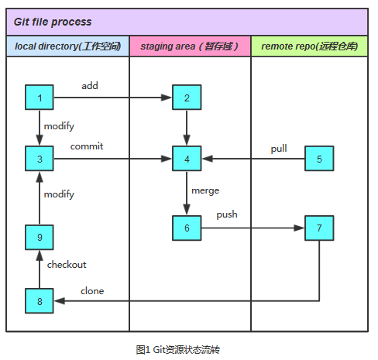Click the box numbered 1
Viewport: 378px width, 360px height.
click(x=40, y=98)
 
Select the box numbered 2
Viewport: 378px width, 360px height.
click(x=187, y=98)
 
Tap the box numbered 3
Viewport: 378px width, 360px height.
click(x=40, y=159)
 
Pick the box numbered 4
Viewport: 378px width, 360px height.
click(x=187, y=159)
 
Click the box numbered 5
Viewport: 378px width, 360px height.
click(x=319, y=159)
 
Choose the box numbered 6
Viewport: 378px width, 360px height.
click(x=187, y=228)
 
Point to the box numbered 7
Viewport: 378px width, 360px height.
click(x=319, y=228)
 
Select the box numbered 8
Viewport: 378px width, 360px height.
click(x=40, y=301)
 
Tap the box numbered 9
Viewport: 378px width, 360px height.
click(x=40, y=238)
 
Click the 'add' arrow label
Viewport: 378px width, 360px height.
click(x=90, y=86)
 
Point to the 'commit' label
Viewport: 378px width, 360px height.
click(x=87, y=146)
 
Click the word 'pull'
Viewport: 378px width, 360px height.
click(x=279, y=149)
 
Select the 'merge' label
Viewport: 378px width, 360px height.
click(x=205, y=191)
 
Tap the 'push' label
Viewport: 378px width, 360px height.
click(x=227, y=214)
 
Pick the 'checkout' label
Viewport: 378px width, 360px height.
click(x=67, y=265)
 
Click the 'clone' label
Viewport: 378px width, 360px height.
click(x=92, y=291)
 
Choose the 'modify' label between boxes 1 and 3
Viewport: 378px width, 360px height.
click(x=59, y=126)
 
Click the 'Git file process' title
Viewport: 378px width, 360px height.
click(x=53, y=22)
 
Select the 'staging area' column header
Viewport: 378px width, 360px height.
click(x=189, y=46)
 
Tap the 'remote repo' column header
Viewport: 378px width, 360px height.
click(x=309, y=46)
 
